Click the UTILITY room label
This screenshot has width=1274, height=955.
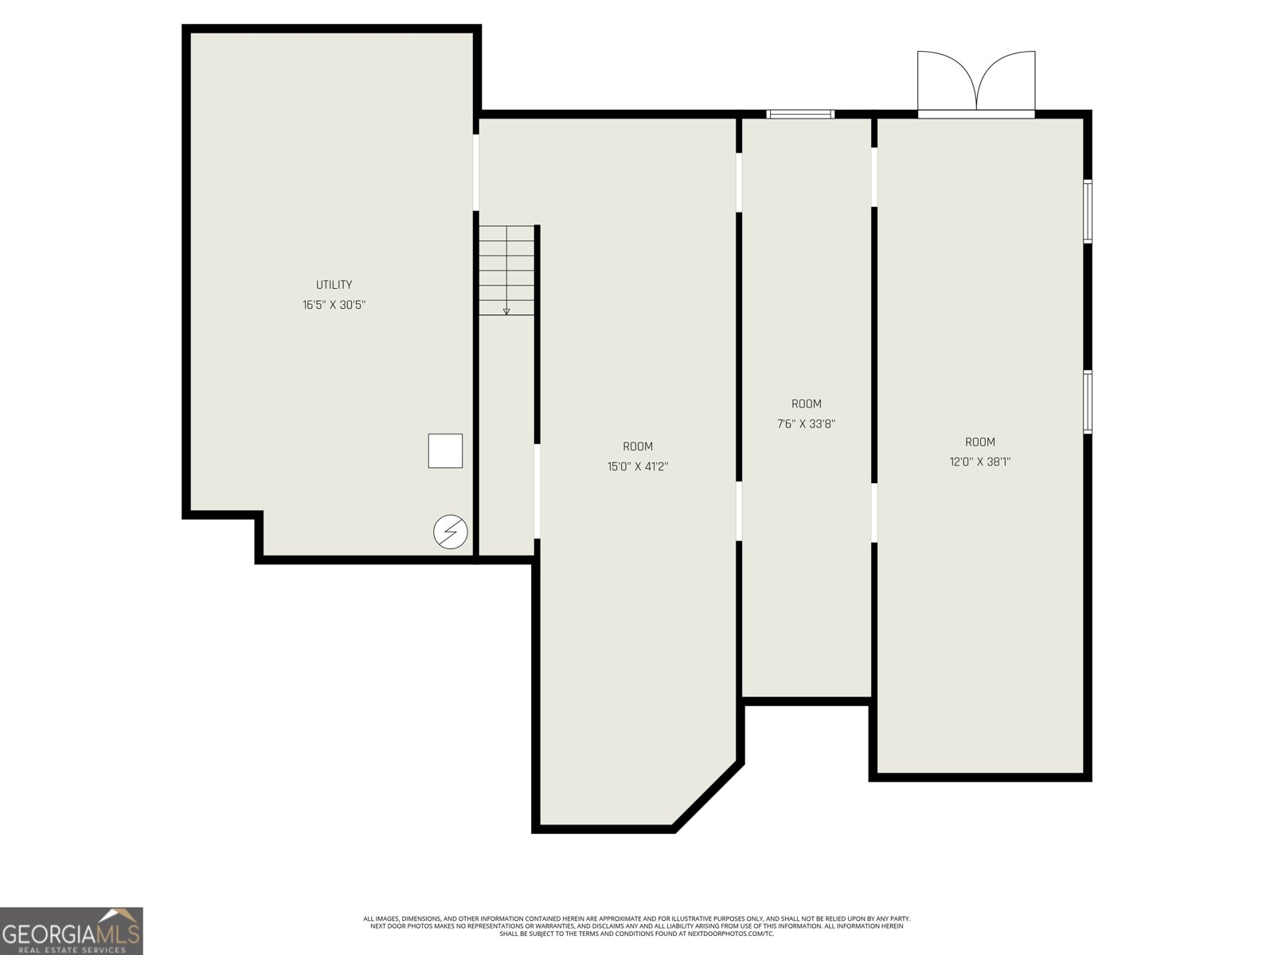click(334, 285)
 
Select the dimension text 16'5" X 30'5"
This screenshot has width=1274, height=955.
click(334, 305)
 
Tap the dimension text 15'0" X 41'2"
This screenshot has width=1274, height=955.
click(638, 466)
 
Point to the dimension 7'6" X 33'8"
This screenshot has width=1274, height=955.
click(806, 424)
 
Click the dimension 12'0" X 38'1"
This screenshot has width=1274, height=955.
click(980, 462)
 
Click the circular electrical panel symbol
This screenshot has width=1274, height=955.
click(451, 532)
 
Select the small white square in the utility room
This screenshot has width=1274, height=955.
click(445, 450)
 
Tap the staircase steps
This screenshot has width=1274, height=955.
click(506, 271)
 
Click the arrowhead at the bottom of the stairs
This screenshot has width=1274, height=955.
click(506, 312)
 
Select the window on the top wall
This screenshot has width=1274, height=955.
click(800, 115)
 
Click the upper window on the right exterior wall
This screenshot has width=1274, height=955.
click(1088, 211)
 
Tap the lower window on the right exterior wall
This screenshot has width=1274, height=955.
click(1088, 402)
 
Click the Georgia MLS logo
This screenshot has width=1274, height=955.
click(72, 930)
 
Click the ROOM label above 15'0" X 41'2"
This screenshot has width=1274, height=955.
click(638, 446)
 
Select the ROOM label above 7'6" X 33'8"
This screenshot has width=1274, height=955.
click(806, 404)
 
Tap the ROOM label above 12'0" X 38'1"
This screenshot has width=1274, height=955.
click(980, 442)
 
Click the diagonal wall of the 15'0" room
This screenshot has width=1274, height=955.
click(708, 797)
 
